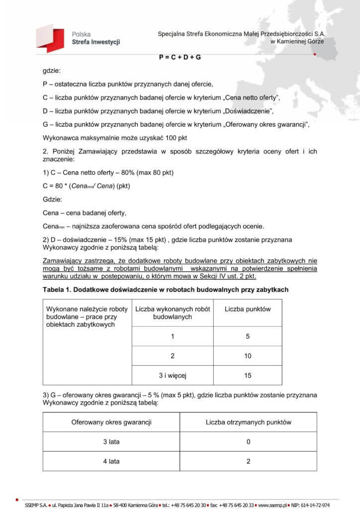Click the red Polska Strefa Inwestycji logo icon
[x=50, y=39]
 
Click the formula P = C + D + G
[x=180, y=57]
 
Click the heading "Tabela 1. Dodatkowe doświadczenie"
[x=165, y=289]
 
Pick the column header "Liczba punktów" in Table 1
[x=248, y=309]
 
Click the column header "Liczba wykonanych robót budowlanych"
[x=173, y=313]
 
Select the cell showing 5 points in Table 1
[x=248, y=337]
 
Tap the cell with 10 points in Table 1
[x=248, y=356]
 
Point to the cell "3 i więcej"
[x=173, y=375]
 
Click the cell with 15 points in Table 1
[x=248, y=375]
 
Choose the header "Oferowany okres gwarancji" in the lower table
[x=111, y=423]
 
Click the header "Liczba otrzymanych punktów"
[x=248, y=423]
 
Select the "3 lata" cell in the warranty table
[x=111, y=442]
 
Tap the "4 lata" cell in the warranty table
[x=111, y=461]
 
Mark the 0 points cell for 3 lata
[x=248, y=442]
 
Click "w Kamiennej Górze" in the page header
[x=297, y=42]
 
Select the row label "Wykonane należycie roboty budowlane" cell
[x=88, y=317]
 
